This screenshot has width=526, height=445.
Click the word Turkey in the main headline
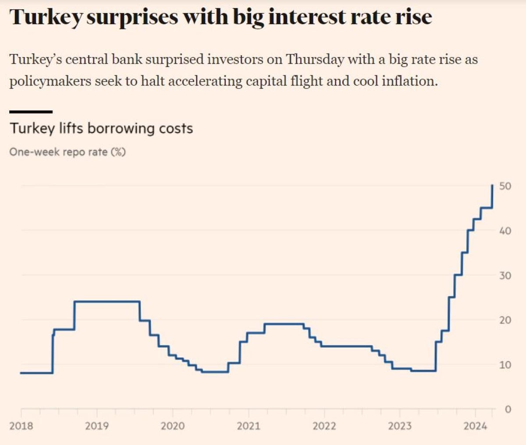coord(46,18)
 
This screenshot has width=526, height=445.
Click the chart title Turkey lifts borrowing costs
coord(101,128)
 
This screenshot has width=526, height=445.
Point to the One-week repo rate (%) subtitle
coord(68,152)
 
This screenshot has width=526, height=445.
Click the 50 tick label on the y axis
coord(505,186)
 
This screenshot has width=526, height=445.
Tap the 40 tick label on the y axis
coord(505,231)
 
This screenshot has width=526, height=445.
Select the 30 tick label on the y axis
coord(505,275)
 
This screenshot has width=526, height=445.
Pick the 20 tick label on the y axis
coord(505,320)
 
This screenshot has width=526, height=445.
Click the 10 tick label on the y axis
coord(505,365)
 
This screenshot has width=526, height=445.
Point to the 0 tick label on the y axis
coord(508,409)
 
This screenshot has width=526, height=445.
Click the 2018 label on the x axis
coord(21,426)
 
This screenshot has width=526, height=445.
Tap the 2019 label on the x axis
coord(97,426)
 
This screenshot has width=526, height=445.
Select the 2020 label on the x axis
coord(173,426)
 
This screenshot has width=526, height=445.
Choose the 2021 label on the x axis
coord(249,426)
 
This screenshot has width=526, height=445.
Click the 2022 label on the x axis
coord(324,426)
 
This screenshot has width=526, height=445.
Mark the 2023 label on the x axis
coord(400,426)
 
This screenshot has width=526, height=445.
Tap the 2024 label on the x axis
coord(476,426)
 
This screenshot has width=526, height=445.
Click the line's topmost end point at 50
coord(493,185)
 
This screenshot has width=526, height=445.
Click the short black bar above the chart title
coord(31,112)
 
